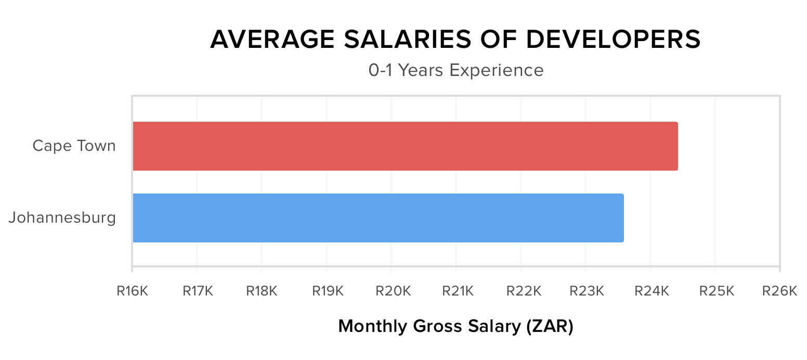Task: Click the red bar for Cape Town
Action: [405, 146]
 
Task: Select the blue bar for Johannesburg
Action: [378, 218]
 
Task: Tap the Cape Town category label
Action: [74, 146]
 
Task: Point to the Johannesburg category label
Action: [62, 217]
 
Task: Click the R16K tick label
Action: [132, 291]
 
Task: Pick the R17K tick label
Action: [198, 291]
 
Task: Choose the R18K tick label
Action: [262, 291]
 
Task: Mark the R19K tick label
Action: [327, 291]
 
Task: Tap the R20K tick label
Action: [393, 291]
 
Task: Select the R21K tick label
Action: [457, 291]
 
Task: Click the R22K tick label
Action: [522, 291]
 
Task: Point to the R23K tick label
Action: [587, 291]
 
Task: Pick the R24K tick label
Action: [652, 291]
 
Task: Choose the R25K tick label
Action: [717, 291]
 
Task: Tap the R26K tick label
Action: [779, 291]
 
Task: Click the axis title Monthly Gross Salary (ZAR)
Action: [455, 327]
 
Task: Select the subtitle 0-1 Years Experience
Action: [456, 70]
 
